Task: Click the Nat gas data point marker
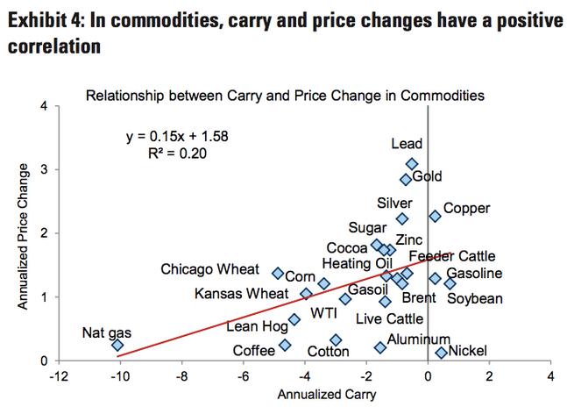click(x=117, y=346)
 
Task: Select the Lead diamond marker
click(x=412, y=164)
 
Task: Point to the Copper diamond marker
click(x=435, y=216)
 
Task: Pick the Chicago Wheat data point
click(x=279, y=274)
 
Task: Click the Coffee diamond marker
click(x=285, y=346)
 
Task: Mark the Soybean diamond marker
click(x=450, y=284)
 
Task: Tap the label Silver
click(x=394, y=203)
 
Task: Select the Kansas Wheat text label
click(x=243, y=293)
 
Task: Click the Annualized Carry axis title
click(x=327, y=395)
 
